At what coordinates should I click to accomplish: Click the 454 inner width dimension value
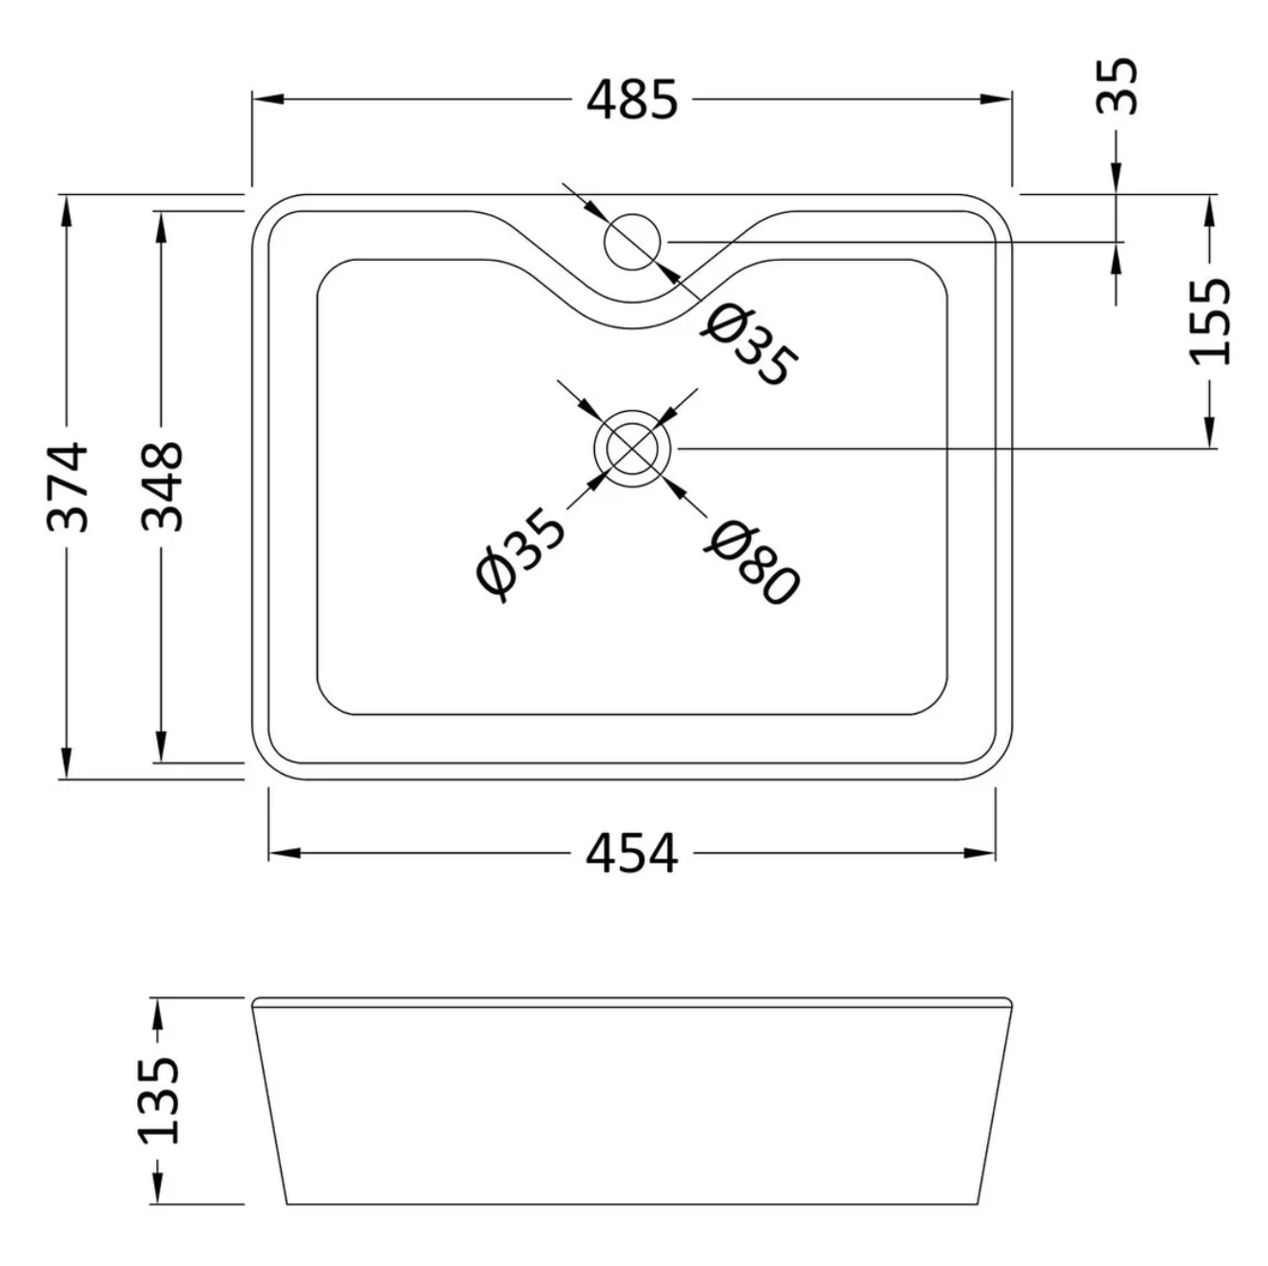pyautogui.click(x=631, y=853)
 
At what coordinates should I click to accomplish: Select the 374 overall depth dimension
pyautogui.click(x=68, y=485)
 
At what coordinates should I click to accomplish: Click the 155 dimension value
pyautogui.click(x=1210, y=321)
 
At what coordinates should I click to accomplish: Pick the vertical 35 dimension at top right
pyautogui.click(x=1117, y=86)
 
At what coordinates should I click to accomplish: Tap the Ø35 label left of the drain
pyautogui.click(x=520, y=554)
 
